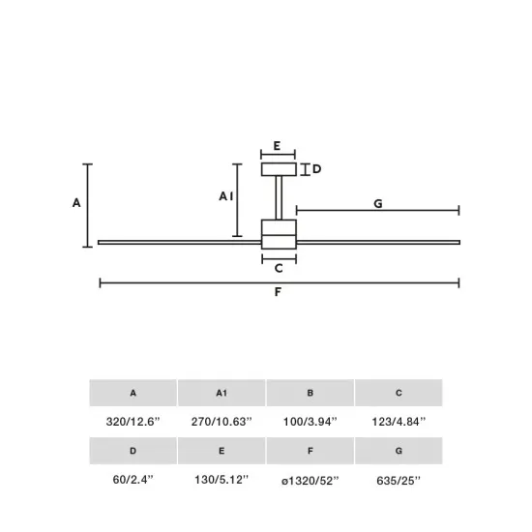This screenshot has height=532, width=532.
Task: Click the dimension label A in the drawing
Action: click(x=76, y=203)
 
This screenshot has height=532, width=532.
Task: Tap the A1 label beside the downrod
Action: click(x=225, y=196)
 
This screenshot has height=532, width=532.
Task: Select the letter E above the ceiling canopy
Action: click(x=277, y=146)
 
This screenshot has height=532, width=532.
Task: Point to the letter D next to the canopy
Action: click(x=316, y=169)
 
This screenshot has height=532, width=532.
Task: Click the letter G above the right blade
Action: click(x=377, y=203)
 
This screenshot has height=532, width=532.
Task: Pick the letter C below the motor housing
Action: click(x=279, y=269)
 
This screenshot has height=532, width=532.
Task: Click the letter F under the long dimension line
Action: click(x=278, y=292)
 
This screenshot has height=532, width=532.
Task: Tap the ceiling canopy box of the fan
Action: click(x=279, y=170)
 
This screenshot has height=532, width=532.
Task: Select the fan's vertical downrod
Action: click(x=279, y=198)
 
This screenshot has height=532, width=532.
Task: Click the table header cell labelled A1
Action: click(x=222, y=393)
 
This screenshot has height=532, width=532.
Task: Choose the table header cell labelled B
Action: click(x=310, y=393)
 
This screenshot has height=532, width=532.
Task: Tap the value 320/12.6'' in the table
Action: click(x=133, y=422)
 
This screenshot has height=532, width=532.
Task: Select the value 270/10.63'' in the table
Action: click(x=222, y=422)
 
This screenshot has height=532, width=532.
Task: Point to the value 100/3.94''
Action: click(x=310, y=422)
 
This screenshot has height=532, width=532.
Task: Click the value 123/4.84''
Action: click(x=399, y=422)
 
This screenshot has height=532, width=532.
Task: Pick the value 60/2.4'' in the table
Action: click(x=133, y=480)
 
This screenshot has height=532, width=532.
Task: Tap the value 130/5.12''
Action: click(x=222, y=480)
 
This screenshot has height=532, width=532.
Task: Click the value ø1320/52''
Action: click(x=310, y=480)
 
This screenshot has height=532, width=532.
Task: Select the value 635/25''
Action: click(x=399, y=480)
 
